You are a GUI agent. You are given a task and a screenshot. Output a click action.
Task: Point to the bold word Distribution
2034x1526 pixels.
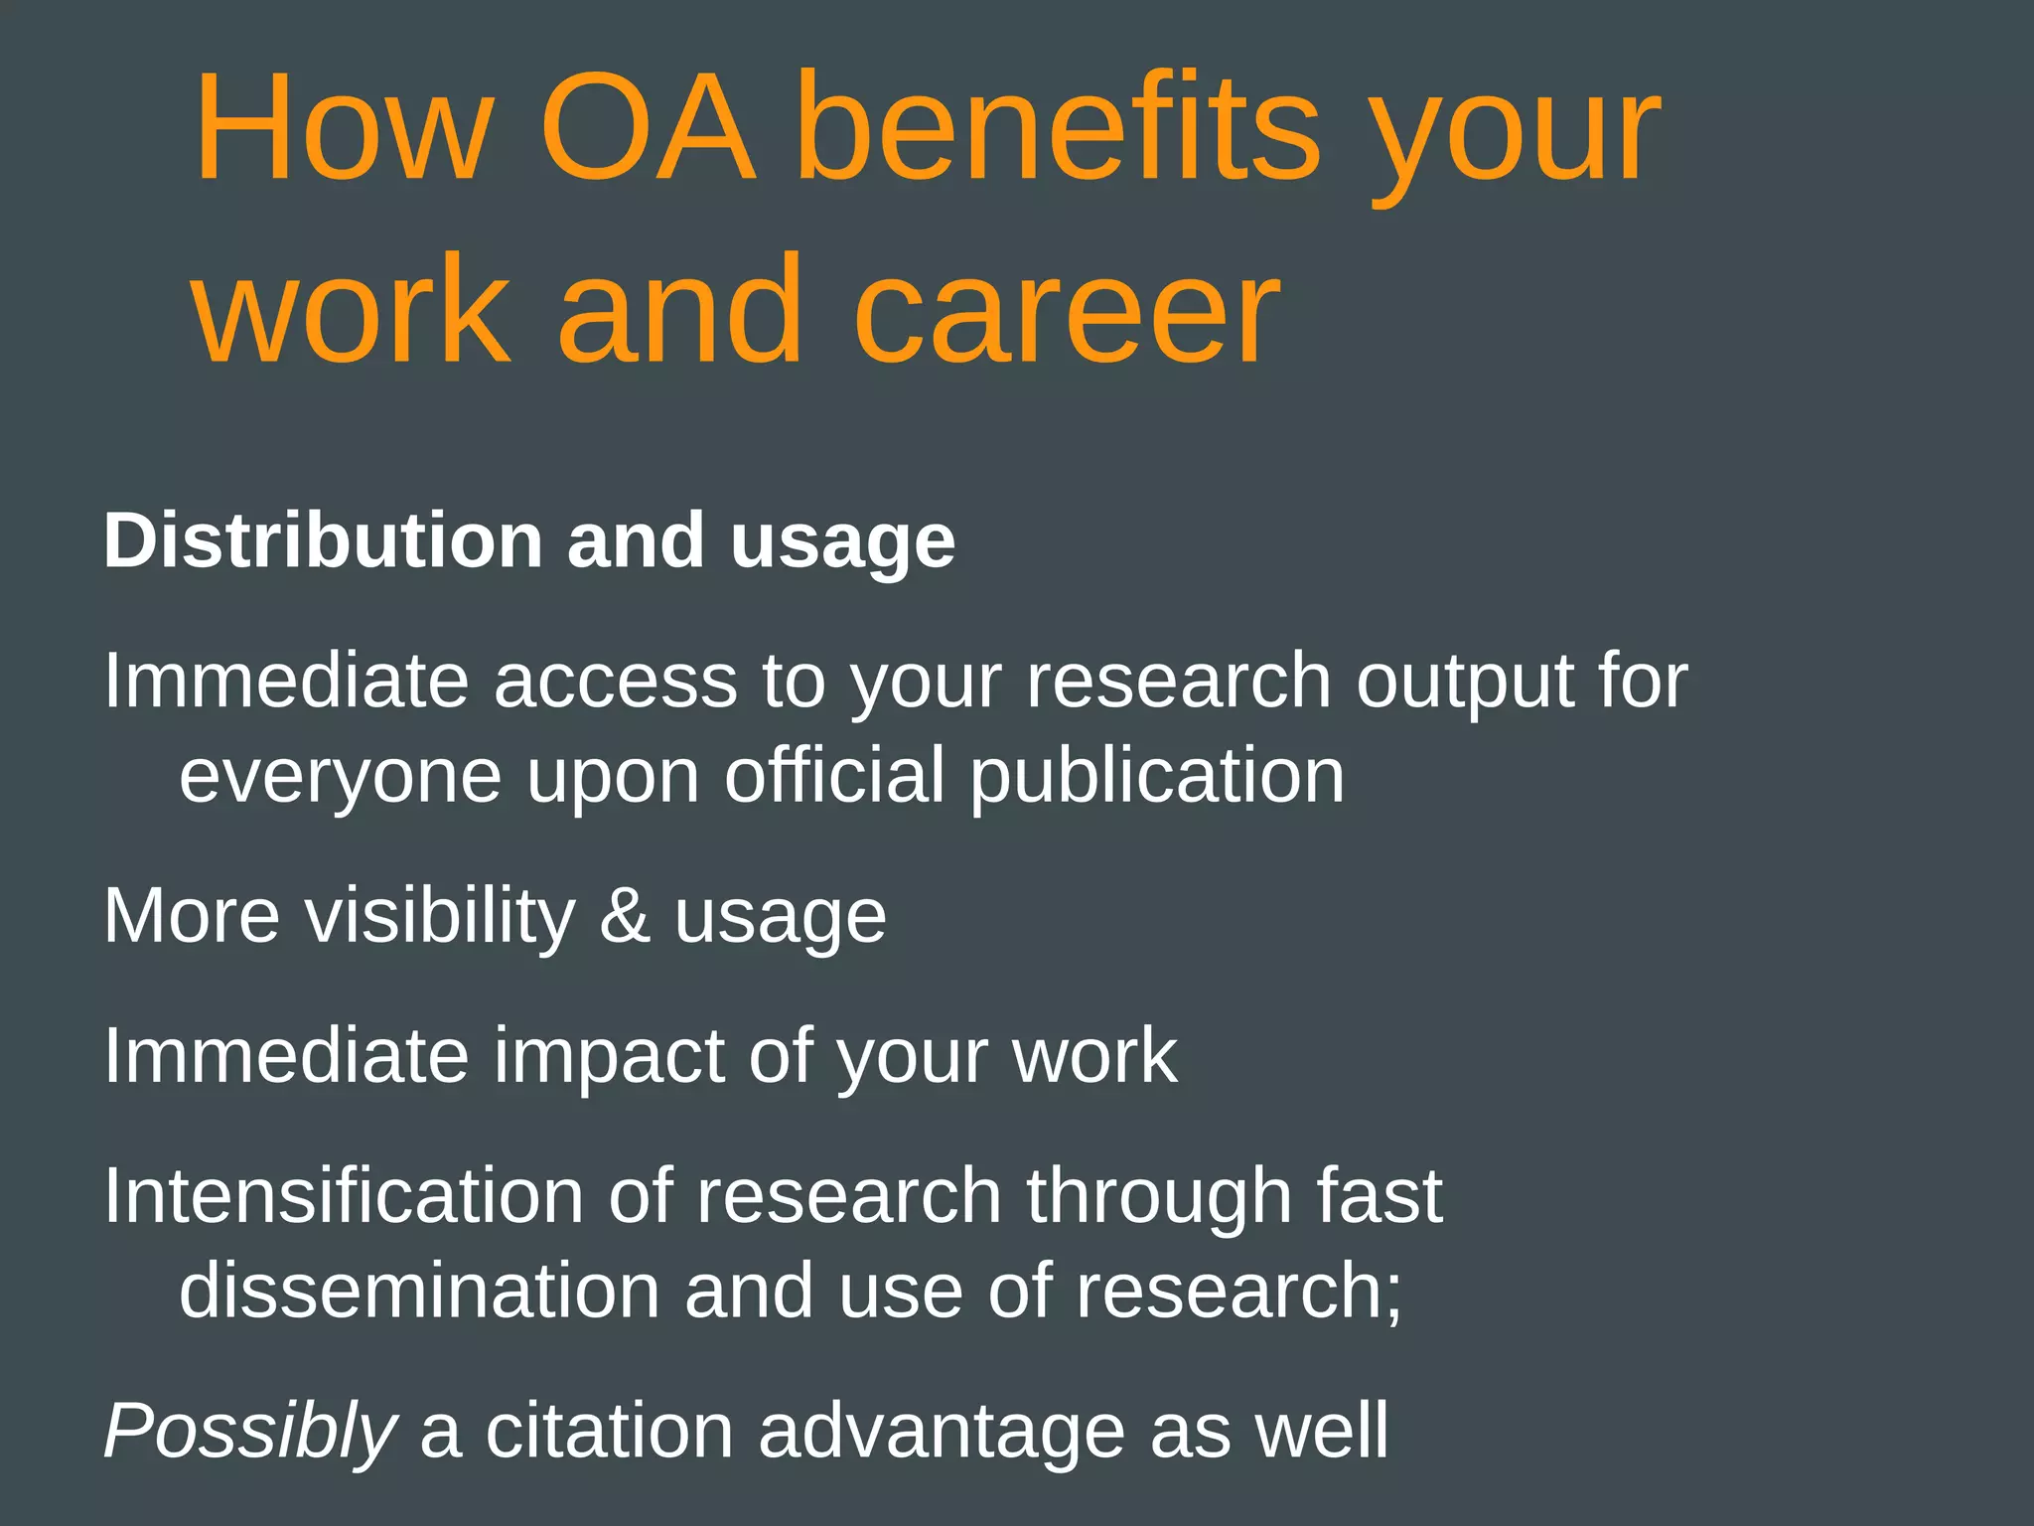coord(323,540)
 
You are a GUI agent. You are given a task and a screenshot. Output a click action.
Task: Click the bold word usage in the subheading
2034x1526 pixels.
coord(842,544)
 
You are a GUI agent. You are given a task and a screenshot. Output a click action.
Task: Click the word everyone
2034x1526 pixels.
coord(341,779)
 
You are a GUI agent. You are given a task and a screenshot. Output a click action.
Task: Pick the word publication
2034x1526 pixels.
coord(1157,777)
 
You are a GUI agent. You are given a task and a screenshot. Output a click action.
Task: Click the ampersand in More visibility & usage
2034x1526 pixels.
coord(625,915)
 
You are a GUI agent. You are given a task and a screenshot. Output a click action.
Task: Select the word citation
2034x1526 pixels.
coord(609,1431)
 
